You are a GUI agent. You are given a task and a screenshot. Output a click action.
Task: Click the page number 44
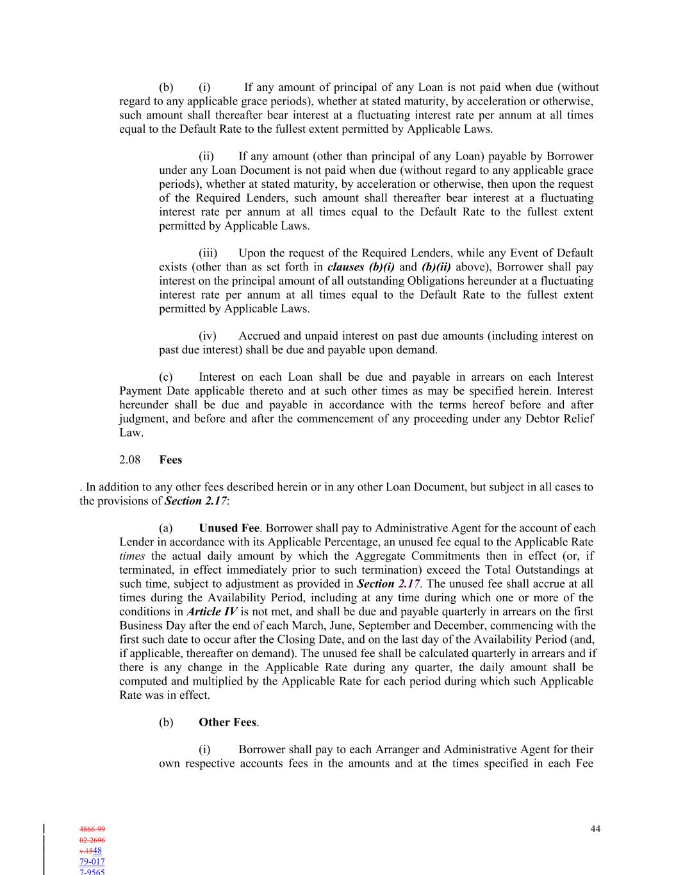coord(595,829)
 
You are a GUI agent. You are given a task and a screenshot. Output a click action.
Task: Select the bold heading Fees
coord(170,460)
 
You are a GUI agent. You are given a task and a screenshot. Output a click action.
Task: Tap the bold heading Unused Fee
coord(229,528)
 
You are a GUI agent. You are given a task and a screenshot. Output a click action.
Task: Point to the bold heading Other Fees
coord(227,722)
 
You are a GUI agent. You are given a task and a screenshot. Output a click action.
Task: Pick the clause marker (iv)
coord(208,336)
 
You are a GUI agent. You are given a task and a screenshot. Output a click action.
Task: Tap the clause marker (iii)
coord(208,253)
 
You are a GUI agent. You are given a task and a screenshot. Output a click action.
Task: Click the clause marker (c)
coord(166,377)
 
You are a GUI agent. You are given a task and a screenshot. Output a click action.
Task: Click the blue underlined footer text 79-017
coord(92,862)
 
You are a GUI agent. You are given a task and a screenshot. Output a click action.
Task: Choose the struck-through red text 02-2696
coord(92,840)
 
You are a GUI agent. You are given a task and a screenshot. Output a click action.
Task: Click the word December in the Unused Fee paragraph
coord(466,626)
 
